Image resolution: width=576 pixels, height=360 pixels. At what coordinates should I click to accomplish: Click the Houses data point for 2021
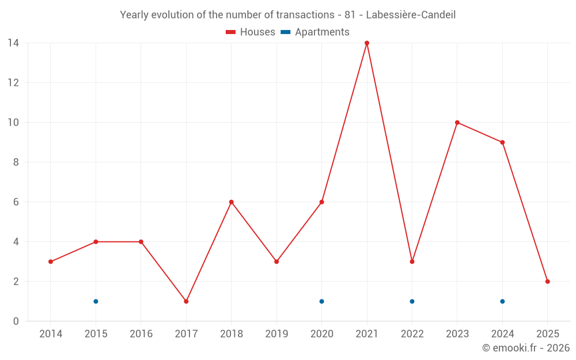coord(367,43)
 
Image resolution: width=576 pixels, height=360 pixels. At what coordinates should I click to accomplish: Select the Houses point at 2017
coord(186,301)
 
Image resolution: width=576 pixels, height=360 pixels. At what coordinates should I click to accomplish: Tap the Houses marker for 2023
coord(457,123)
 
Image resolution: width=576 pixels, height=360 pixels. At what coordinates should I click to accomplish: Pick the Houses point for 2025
coord(547,282)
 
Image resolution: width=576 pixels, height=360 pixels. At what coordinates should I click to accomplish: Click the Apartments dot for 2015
coord(96,301)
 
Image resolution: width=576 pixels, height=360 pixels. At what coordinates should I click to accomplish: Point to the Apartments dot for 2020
coord(321,301)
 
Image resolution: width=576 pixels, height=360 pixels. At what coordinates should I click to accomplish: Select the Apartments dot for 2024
coord(502,301)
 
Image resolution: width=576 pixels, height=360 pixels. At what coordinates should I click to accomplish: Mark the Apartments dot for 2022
coord(412,301)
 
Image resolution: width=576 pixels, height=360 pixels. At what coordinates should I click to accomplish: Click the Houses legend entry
coord(251,32)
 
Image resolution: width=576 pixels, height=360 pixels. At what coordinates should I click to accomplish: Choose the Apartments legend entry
coord(315,32)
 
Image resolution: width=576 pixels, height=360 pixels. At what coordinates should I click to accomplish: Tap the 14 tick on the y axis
coord(13,43)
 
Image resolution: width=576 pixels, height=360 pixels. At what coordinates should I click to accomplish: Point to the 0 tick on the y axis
coord(16,321)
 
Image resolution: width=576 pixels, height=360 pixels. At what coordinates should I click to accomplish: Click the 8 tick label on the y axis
coord(16,162)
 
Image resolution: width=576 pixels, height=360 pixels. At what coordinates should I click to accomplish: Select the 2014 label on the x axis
coord(51,334)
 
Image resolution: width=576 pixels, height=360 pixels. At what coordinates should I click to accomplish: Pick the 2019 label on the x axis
coord(276,334)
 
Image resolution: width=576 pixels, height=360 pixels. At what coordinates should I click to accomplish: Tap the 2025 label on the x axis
coord(547,334)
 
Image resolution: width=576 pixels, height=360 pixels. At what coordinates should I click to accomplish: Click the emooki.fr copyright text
coord(525,348)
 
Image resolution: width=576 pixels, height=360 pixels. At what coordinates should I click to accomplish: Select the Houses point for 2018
coord(231,202)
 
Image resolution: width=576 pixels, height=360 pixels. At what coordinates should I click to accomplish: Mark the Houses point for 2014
coord(51,262)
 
